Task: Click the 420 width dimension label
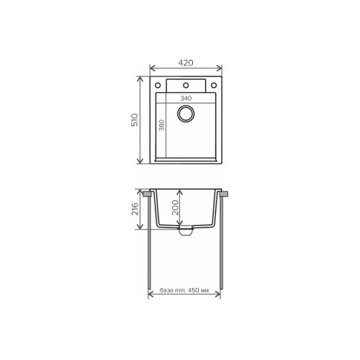point(186,63)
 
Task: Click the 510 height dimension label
point(135,120)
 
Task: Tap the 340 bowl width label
point(186,99)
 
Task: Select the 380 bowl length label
point(162,125)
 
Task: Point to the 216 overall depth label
point(135,209)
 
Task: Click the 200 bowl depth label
point(176,207)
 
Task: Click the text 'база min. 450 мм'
point(184,290)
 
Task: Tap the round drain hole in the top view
point(186,113)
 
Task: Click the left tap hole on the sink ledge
point(158,85)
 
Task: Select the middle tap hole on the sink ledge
point(186,85)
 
